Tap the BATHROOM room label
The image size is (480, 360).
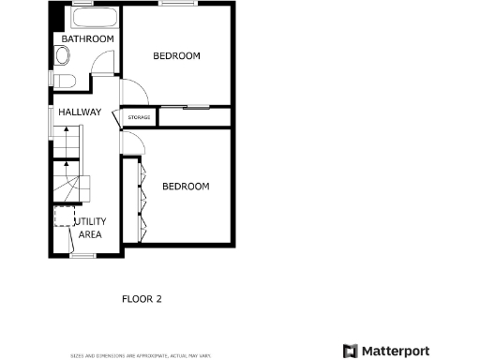point(88,38)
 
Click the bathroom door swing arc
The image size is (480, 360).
point(104,63)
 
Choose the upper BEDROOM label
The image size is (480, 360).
point(177,56)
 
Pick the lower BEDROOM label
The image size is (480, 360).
point(186,187)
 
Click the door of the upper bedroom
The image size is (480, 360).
point(133,93)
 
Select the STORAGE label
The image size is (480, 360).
point(139,117)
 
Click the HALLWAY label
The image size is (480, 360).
point(80,112)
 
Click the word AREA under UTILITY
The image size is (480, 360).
point(90,234)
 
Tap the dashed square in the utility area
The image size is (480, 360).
point(64,216)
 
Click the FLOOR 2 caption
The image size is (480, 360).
point(142,300)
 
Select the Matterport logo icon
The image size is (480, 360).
point(349,351)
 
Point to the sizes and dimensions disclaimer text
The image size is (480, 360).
point(142,355)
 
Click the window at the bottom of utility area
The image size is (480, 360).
point(83,254)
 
